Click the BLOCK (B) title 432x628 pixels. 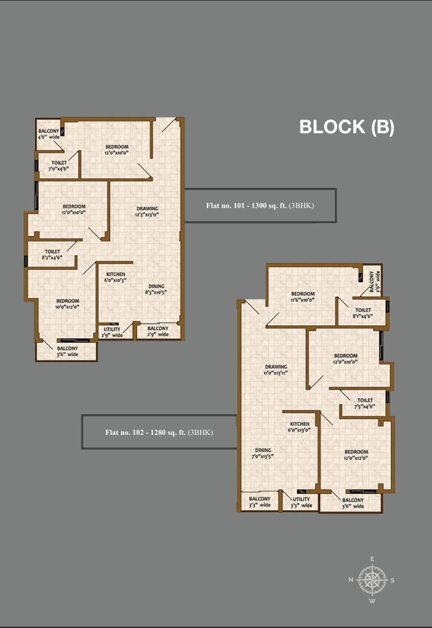coord(346,127)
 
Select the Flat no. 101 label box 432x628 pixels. coord(260,205)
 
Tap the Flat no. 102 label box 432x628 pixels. coord(159,432)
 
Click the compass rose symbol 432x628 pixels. coord(372,579)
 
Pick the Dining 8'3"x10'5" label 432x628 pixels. coord(155,289)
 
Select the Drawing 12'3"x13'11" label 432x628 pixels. coord(147,212)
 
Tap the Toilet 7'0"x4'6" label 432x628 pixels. coord(59,166)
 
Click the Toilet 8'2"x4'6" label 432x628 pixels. coord(53,254)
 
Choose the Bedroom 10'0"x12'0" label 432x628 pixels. coord(67,304)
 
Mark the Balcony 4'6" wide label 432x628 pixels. coord(49,134)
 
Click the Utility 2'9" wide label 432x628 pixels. coord(113,332)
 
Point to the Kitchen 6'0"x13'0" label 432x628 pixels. coord(300,426)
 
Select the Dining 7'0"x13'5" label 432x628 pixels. coord(263,453)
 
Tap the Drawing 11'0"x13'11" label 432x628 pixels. coord(276,370)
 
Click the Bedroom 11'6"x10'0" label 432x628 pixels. coord(303,297)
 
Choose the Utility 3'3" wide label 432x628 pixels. coord(301,502)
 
